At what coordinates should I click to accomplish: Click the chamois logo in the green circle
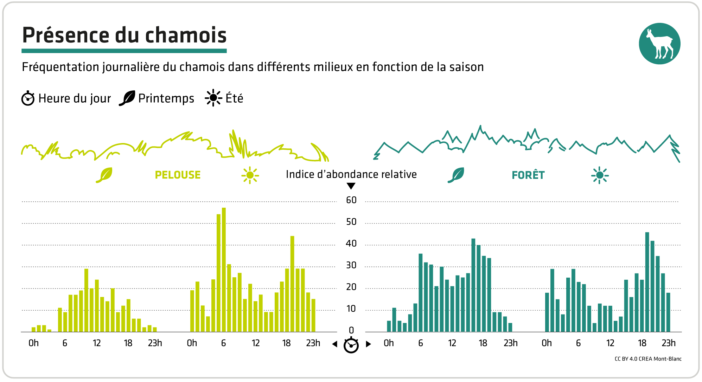pyautogui.click(x=659, y=44)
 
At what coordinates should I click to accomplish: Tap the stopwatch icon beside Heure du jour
pyautogui.click(x=28, y=98)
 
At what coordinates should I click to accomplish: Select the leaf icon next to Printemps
pyautogui.click(x=127, y=98)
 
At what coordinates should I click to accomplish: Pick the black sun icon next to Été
pyautogui.click(x=213, y=98)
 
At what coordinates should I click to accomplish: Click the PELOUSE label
pyautogui.click(x=178, y=175)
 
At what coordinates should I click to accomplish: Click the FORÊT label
pyautogui.click(x=528, y=175)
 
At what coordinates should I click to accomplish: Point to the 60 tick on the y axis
pyautogui.click(x=351, y=200)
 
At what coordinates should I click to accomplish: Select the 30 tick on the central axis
pyautogui.click(x=351, y=266)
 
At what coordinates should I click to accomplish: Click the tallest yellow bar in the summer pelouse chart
pyautogui.click(x=224, y=270)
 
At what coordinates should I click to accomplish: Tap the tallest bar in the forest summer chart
pyautogui.click(x=647, y=282)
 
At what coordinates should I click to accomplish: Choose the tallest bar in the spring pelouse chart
pyautogui.click(x=86, y=300)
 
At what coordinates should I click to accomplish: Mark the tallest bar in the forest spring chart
pyautogui.click(x=473, y=285)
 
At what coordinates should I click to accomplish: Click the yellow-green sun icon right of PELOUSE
pyautogui.click(x=250, y=175)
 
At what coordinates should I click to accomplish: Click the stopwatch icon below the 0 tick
pyautogui.click(x=351, y=345)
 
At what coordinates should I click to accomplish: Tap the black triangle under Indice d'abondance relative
pyautogui.click(x=351, y=186)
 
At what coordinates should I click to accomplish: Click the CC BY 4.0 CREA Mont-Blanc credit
pyautogui.click(x=648, y=359)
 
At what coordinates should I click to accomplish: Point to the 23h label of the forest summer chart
pyautogui.click(x=668, y=343)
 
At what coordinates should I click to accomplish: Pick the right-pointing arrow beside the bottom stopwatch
pyautogui.click(x=368, y=344)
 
